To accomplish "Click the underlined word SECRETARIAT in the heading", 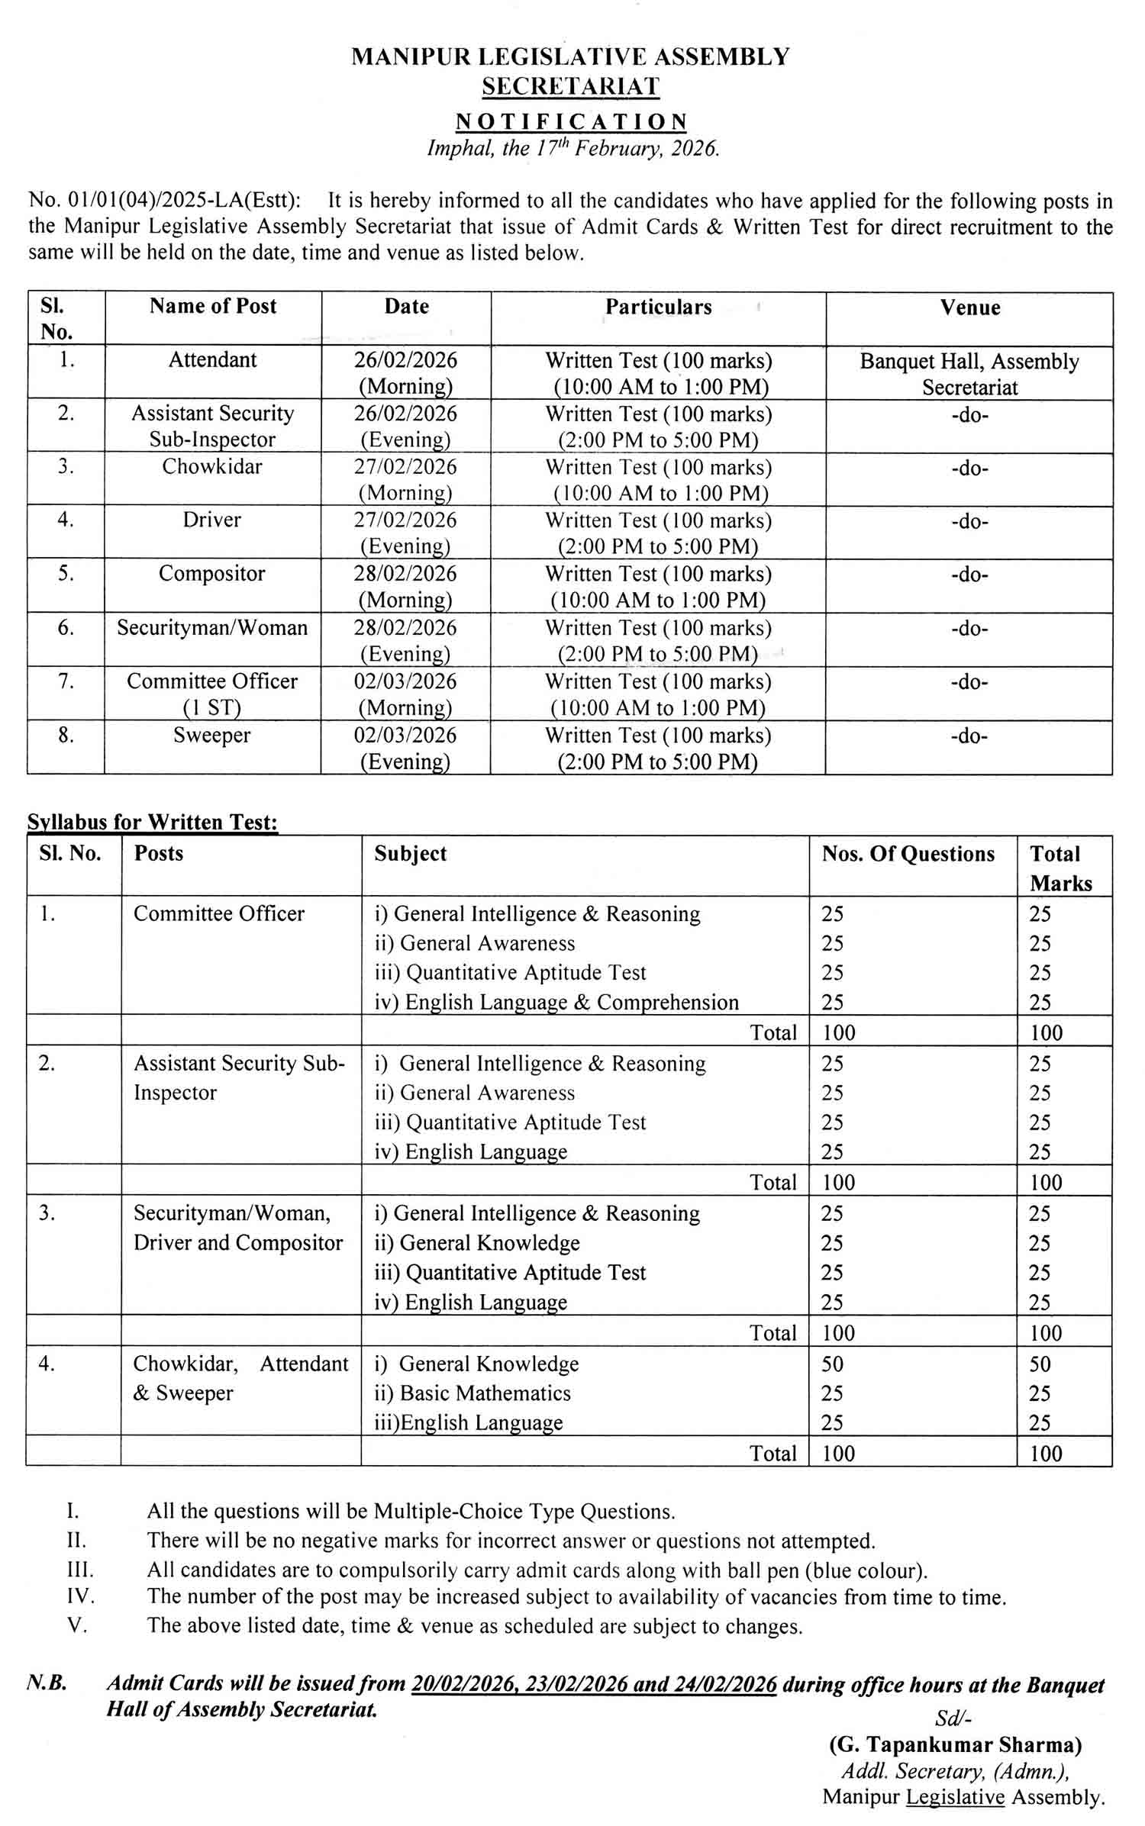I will [570, 86].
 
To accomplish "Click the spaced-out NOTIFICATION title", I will [572, 122].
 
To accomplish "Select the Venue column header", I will [969, 308].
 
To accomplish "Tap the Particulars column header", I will [658, 307].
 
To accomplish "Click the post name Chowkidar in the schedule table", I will [212, 466].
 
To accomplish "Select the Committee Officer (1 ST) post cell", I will [212, 694].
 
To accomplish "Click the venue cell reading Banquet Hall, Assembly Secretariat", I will [969, 374].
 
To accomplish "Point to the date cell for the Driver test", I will [405, 533].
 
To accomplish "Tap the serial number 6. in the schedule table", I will [66, 627].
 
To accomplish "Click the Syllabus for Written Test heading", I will [153, 822].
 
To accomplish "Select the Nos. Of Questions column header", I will [908, 854].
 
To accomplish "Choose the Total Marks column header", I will [1060, 868].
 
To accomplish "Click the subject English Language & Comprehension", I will [556, 1002].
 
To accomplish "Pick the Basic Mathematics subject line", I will [473, 1393].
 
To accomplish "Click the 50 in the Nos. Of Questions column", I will [833, 1364].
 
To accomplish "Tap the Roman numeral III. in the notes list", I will [80, 1570].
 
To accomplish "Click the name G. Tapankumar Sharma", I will [955, 1744].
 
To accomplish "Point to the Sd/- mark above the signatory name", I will [953, 1718].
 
